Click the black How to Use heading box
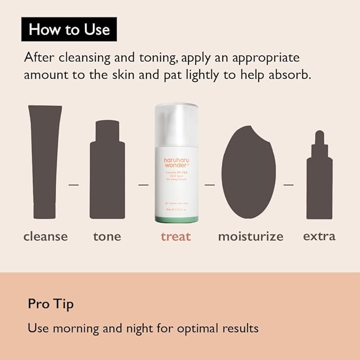tap(69, 29)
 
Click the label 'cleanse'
tap(46, 236)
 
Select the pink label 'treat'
tap(175, 236)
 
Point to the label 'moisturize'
tap(251, 236)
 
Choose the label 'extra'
tap(319, 236)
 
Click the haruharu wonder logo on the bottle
tap(176, 162)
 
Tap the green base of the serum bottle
tap(176, 218)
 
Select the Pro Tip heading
tap(51, 304)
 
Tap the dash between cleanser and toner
tap(74, 185)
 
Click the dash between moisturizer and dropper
tap(288, 185)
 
